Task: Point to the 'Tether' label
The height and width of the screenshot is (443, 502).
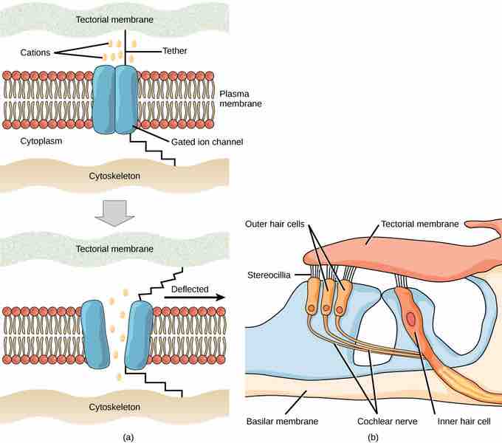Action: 175,51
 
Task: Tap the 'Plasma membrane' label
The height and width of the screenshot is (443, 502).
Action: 241,99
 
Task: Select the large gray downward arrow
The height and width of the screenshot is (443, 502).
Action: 115,212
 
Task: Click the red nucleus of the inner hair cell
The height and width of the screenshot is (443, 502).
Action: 410,319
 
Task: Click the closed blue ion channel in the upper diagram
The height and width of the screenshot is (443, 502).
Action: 116,99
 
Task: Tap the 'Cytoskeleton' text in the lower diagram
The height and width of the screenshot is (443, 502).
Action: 115,407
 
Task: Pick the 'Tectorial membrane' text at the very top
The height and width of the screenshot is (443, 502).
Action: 115,18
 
